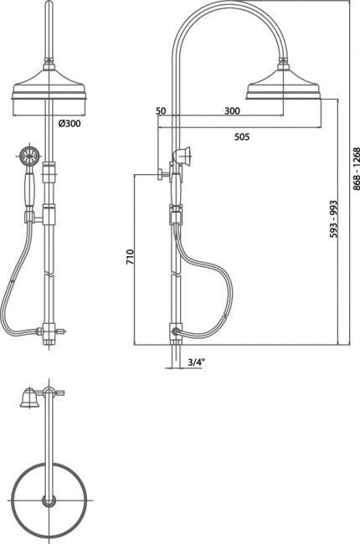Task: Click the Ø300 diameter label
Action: coord(69,123)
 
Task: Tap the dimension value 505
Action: coord(242,136)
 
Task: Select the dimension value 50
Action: coord(161,110)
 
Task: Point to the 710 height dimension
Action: coord(130,257)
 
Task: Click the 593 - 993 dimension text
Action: coord(333,219)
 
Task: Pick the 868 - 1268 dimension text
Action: coord(356,169)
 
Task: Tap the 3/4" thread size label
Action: coord(197,362)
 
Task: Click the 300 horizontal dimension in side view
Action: coord(232,110)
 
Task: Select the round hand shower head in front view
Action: coord(28,155)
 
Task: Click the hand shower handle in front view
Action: coord(28,190)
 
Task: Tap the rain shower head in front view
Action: coord(49,85)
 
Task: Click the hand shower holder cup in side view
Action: coord(182,154)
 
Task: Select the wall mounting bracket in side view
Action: coord(165,174)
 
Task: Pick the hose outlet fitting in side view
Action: coord(176,331)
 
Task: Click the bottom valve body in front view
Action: coord(49,331)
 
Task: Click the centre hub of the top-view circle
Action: coord(49,500)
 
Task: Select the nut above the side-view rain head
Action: coord(283,65)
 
